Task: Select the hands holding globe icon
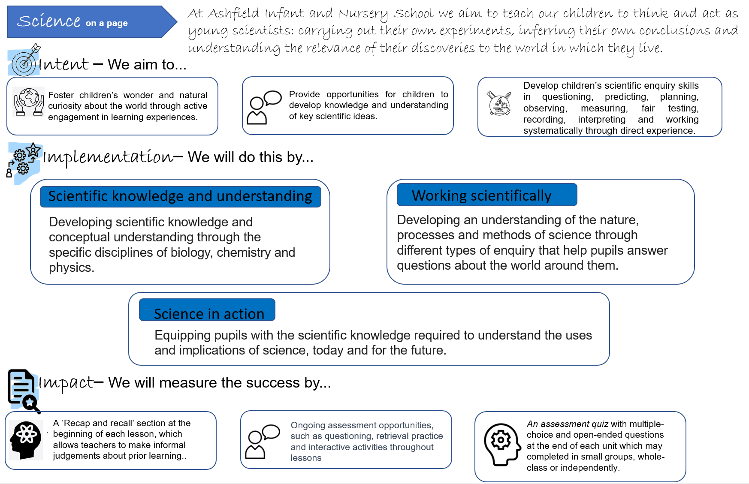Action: (x=29, y=102)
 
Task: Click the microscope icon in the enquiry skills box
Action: (x=499, y=103)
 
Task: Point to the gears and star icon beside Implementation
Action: (x=24, y=161)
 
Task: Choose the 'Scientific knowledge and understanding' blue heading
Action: (x=180, y=196)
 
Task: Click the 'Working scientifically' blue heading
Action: (x=486, y=195)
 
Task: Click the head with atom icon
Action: (x=26, y=440)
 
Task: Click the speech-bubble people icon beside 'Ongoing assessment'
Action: (x=262, y=442)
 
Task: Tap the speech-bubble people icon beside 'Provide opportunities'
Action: (x=264, y=107)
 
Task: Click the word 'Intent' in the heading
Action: (x=64, y=65)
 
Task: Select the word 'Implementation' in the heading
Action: (x=108, y=157)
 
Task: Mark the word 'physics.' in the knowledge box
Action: (x=71, y=268)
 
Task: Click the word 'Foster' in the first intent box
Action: (x=61, y=95)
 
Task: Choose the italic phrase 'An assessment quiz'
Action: (x=567, y=424)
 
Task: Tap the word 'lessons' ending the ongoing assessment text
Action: (x=306, y=458)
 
